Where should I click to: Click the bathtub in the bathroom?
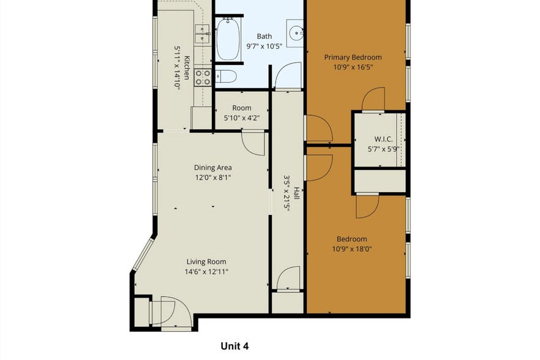click(x=228, y=39)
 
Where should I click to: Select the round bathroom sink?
click(x=296, y=32)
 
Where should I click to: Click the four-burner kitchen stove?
click(x=202, y=77)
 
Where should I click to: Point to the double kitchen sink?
click(x=201, y=34)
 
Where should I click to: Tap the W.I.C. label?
click(x=383, y=139)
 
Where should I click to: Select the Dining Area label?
click(x=213, y=167)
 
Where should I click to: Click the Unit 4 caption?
click(x=234, y=346)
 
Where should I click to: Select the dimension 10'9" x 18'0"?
click(x=352, y=249)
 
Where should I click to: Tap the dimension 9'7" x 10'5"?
click(x=263, y=46)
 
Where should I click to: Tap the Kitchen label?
click(x=187, y=64)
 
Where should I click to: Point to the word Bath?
click(x=264, y=36)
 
